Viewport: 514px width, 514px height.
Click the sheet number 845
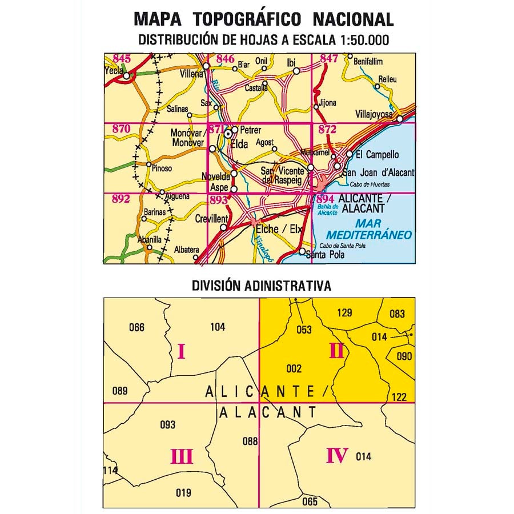(x=122, y=58)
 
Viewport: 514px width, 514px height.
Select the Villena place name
(x=191, y=74)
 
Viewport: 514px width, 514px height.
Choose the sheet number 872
(x=327, y=130)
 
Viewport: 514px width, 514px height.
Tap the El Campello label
(x=377, y=155)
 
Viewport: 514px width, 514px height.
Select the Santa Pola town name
(x=326, y=255)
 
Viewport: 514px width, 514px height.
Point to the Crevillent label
(x=211, y=219)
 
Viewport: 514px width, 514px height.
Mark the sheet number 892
(x=122, y=199)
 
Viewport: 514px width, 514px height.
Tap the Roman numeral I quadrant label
(x=181, y=351)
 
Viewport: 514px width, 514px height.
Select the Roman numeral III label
(x=181, y=457)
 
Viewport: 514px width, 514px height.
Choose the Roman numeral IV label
(x=337, y=456)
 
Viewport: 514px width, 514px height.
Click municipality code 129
(x=345, y=312)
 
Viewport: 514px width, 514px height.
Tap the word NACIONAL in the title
(x=353, y=19)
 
